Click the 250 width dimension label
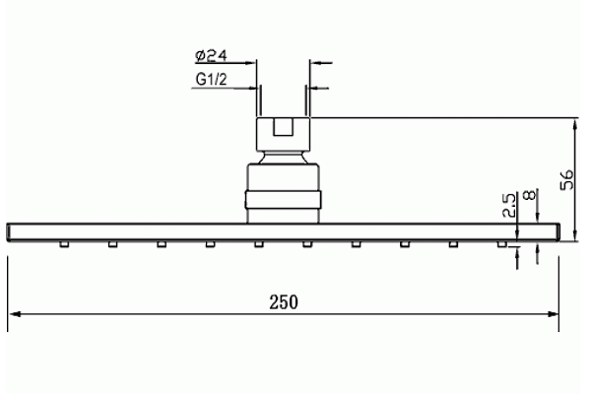coord(284,302)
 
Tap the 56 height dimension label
coord(567,180)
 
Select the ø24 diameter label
coord(212,56)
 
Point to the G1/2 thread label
coord(211,79)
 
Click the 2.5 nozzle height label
coord(509,205)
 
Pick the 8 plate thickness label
coord(530,195)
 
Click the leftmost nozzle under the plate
coord(64,244)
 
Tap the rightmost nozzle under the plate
coord(502,244)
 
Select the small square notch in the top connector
coord(283,127)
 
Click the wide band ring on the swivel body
coord(283,200)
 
